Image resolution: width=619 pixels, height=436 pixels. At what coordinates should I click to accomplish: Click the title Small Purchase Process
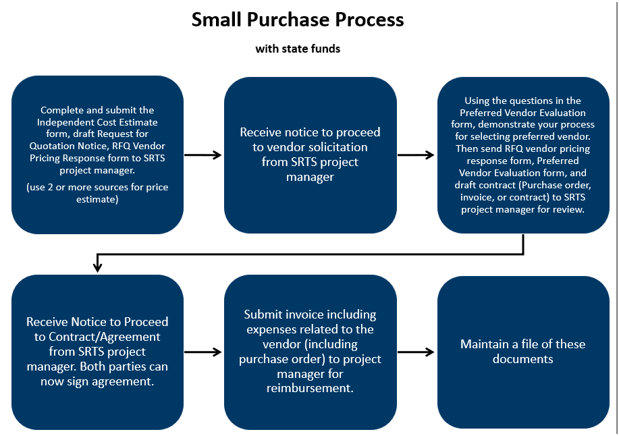click(298, 20)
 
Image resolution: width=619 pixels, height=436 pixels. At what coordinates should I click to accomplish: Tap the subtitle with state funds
click(298, 49)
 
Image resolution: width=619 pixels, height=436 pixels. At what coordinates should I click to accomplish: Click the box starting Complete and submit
click(97, 155)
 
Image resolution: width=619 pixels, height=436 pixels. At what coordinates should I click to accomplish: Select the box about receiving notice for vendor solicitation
click(310, 155)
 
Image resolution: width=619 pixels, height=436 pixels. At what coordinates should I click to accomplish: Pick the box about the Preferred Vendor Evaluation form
click(523, 155)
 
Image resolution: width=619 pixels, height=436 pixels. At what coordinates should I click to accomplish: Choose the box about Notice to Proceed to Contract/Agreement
click(97, 352)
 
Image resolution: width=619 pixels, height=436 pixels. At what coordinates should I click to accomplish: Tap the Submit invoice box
click(310, 352)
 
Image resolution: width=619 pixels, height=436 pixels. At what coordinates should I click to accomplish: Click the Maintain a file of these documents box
click(523, 352)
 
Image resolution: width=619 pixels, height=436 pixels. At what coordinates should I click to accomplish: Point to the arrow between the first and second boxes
click(203, 155)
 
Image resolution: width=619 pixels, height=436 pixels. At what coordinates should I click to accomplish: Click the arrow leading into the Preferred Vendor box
click(416, 155)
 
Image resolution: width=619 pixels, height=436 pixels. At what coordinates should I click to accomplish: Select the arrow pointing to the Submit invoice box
click(203, 352)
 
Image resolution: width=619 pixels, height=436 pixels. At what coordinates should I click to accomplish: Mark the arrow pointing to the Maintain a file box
click(416, 352)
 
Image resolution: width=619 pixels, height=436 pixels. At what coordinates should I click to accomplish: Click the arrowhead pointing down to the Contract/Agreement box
click(97, 267)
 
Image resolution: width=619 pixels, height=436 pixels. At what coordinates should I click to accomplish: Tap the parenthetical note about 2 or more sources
click(97, 193)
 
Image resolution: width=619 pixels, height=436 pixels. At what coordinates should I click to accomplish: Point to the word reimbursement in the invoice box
click(310, 389)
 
